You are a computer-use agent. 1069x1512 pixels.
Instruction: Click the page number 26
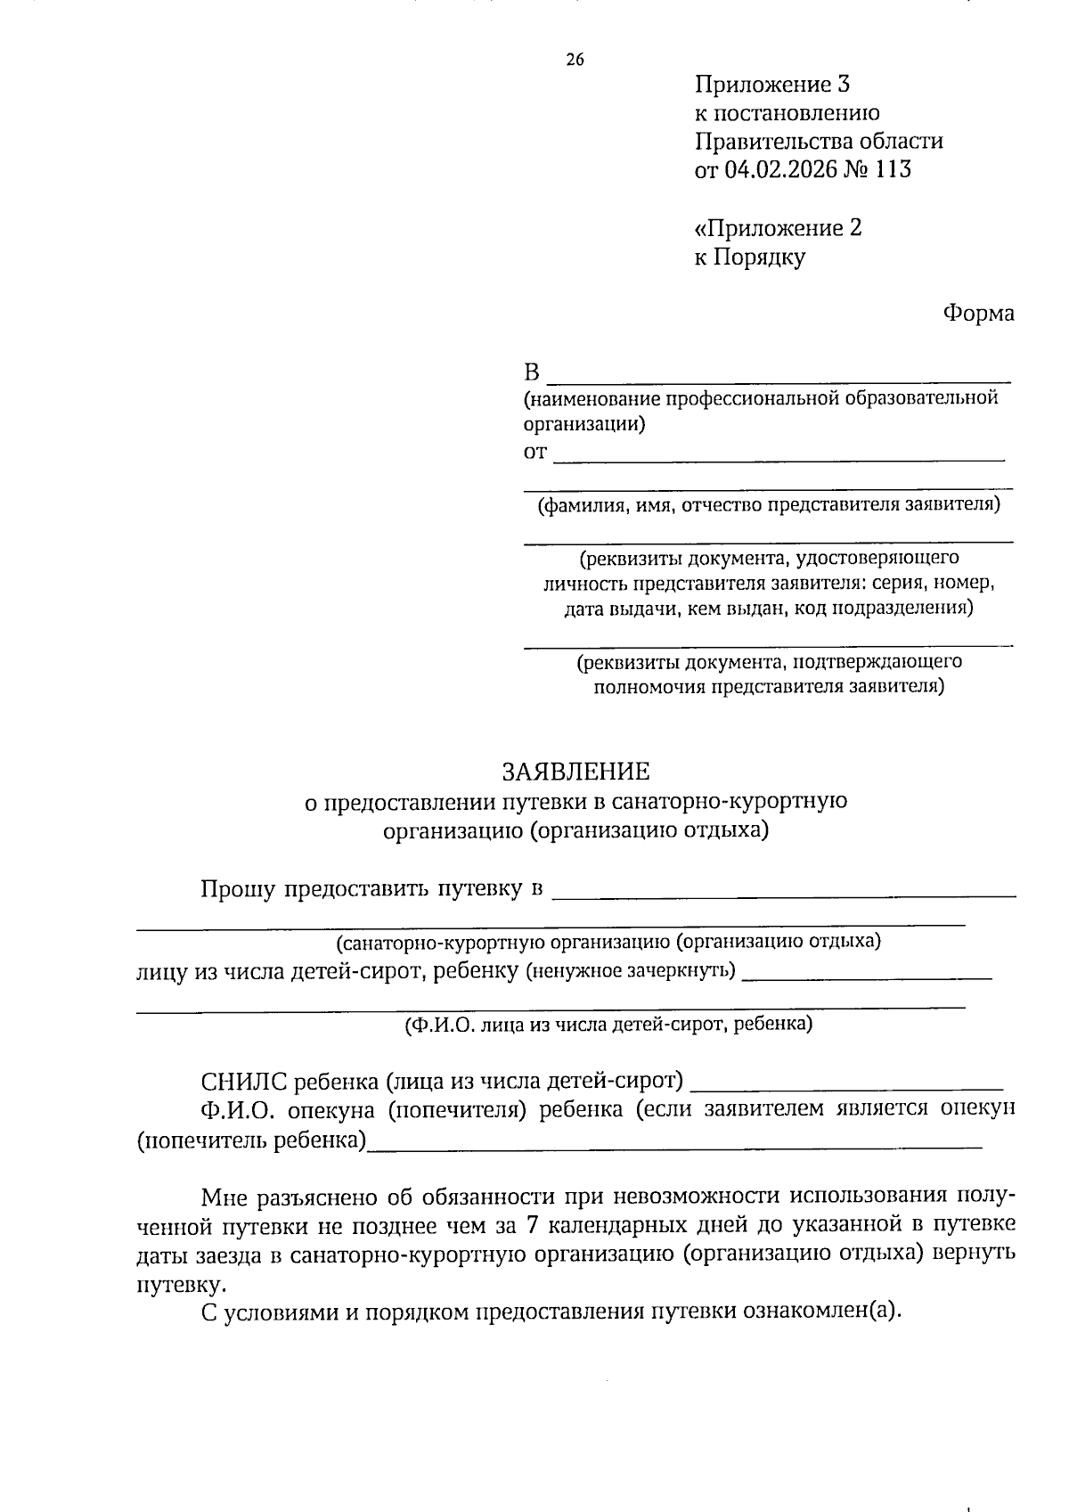[x=575, y=60]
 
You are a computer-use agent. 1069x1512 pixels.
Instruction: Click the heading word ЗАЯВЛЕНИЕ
[x=575, y=771]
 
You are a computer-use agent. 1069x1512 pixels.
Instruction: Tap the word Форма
[x=978, y=313]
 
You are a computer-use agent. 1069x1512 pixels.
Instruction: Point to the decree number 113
[x=893, y=169]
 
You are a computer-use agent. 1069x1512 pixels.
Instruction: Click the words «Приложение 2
[x=778, y=228]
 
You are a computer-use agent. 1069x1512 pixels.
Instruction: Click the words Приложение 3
[x=771, y=85]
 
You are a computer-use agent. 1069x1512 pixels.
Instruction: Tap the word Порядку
[x=760, y=257]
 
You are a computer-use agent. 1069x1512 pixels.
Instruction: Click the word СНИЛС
[x=244, y=1082]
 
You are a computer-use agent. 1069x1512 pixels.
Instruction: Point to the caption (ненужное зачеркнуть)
[x=631, y=969]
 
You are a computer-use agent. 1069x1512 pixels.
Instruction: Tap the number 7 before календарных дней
[x=531, y=1226]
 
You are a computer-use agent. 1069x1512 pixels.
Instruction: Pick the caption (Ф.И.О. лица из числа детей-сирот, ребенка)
[x=608, y=1024]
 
